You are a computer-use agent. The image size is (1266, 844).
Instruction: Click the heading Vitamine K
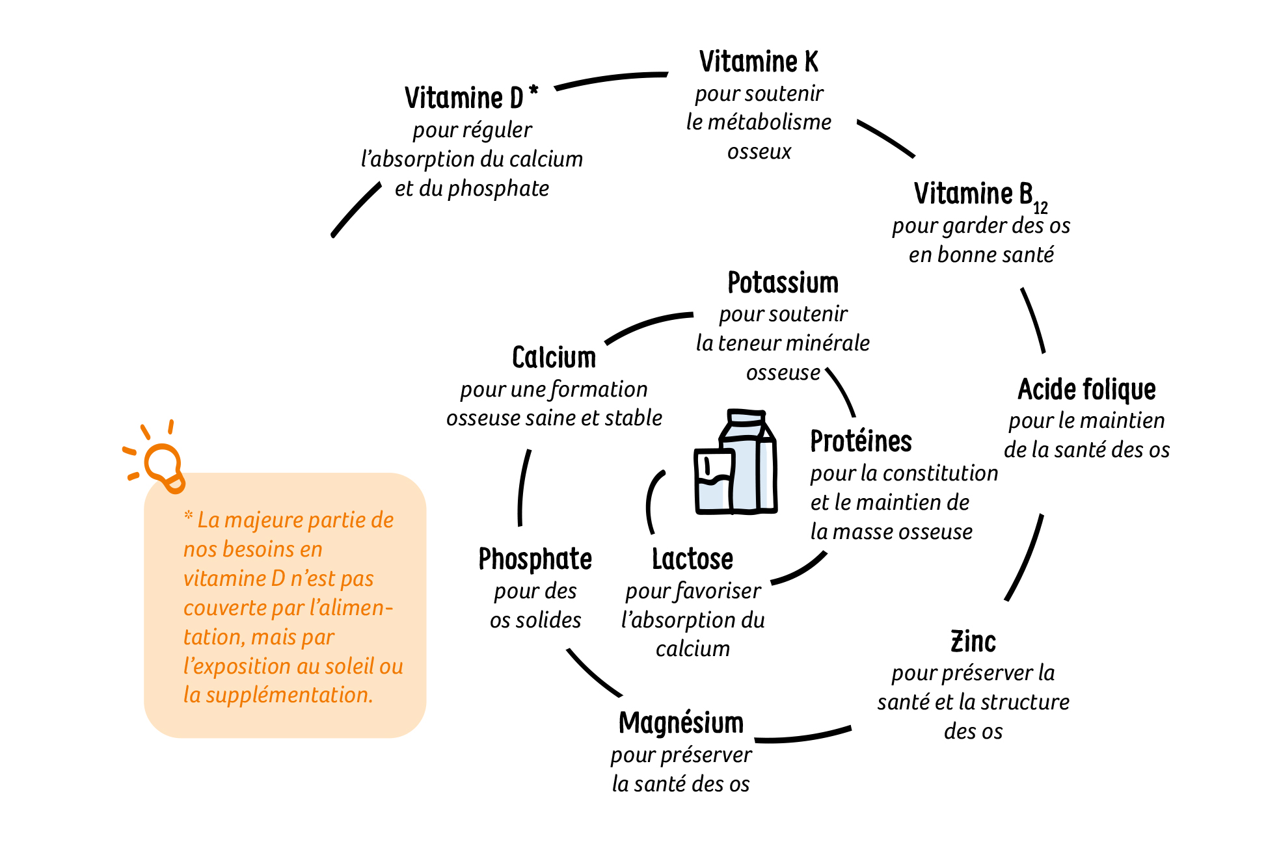pyautogui.click(x=759, y=62)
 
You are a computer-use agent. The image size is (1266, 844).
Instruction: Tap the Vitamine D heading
pyautogui.click(x=464, y=98)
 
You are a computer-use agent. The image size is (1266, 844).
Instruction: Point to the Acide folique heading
pyautogui.click(x=1086, y=389)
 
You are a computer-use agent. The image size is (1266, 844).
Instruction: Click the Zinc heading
pyautogui.click(x=973, y=642)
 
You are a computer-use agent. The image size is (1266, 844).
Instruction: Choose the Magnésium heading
pyautogui.click(x=680, y=723)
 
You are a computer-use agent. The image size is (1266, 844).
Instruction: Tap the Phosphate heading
pyautogui.click(x=535, y=559)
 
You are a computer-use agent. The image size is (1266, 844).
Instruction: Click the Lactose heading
pyautogui.click(x=692, y=559)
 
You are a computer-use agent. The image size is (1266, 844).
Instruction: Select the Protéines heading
pyautogui.click(x=861, y=442)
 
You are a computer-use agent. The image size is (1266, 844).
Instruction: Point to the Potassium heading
pyautogui.click(x=783, y=283)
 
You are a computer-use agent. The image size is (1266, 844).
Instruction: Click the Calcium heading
pyautogui.click(x=554, y=358)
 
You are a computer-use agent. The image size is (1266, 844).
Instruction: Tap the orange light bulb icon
pyautogui.click(x=161, y=463)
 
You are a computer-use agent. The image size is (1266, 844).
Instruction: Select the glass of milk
pyautogui.click(x=712, y=481)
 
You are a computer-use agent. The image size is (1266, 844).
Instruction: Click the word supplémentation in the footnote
pyautogui.click(x=288, y=695)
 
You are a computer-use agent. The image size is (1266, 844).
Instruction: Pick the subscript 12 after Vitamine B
pyautogui.click(x=1040, y=207)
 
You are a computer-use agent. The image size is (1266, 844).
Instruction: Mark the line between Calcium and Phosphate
pyautogui.click(x=522, y=488)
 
